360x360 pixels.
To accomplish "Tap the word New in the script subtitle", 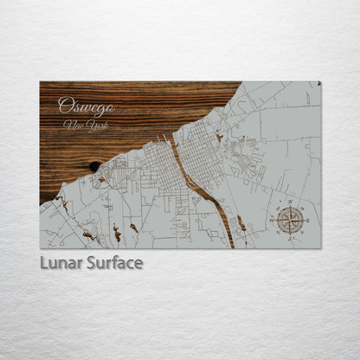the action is tap(72, 125).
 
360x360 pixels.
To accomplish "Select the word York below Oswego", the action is tap(92, 126).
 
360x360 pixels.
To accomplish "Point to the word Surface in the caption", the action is tap(111, 262).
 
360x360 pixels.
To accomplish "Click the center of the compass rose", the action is tap(290, 220).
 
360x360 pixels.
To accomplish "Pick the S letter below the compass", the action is tap(290, 236).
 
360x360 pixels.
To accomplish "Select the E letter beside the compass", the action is tap(306, 220).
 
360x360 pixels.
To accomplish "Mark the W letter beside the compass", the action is tap(273, 220).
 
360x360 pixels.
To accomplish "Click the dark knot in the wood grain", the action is tap(94, 166).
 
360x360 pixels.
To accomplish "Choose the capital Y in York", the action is tap(86, 126).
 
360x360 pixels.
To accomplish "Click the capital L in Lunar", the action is tap(43, 262).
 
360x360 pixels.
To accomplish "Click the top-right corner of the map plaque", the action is tap(320, 82).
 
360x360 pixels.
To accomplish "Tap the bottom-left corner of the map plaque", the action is tap(41, 248).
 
